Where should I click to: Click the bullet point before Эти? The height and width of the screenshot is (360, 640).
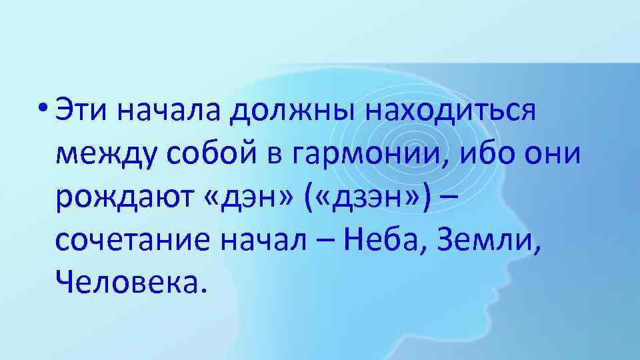(45, 107)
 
